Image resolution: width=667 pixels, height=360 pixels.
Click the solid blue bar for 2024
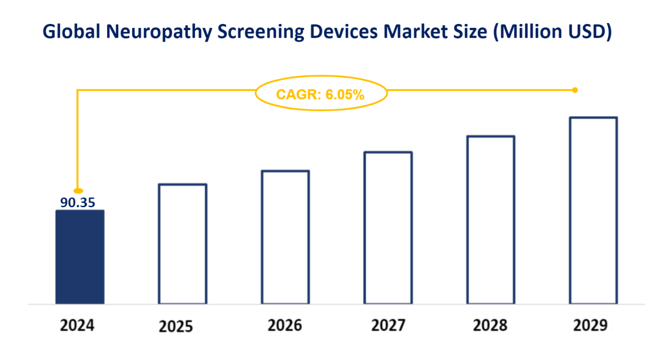click(79, 257)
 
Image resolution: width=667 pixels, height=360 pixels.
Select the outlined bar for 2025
click(182, 244)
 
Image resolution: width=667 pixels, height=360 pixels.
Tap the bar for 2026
click(285, 237)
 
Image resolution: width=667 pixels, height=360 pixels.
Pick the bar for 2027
click(388, 228)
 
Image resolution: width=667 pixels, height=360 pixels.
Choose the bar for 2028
click(491, 220)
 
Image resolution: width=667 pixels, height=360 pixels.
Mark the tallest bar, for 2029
click(593, 211)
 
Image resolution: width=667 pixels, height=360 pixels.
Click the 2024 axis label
click(77, 326)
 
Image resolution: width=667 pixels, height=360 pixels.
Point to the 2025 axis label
click(176, 326)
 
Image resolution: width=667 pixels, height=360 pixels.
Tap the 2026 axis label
click(285, 326)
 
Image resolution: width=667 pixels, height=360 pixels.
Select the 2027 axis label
click(388, 326)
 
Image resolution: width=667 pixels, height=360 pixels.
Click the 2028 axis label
click(490, 326)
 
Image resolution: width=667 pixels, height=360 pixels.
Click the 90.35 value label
click(78, 202)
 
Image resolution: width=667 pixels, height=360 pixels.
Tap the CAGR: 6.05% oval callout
click(321, 94)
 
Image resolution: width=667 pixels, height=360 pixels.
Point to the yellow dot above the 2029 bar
click(575, 90)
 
